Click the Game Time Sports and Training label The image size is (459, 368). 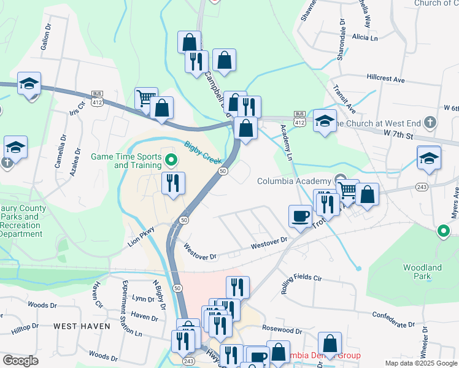click(127, 161)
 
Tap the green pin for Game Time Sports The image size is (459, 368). click(172, 161)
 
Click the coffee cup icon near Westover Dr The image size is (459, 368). click(300, 216)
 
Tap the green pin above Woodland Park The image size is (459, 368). click(444, 231)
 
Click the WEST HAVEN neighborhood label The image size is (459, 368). click(82, 326)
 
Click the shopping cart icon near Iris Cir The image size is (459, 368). click(146, 98)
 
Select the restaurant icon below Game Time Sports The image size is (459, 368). click(173, 183)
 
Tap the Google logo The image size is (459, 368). click(20, 361)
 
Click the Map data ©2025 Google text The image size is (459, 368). click(420, 363)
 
